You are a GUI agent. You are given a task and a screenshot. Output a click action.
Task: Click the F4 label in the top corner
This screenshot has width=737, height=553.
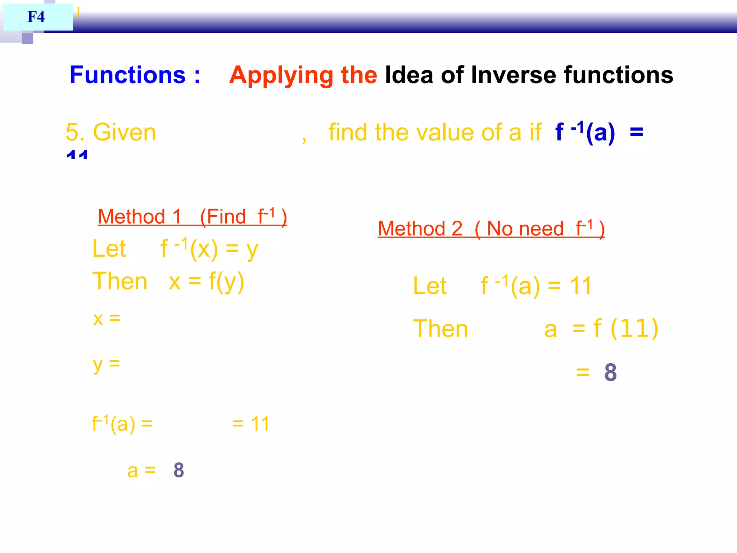(36, 17)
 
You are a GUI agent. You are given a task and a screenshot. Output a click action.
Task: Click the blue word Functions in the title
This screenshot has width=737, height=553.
(127, 75)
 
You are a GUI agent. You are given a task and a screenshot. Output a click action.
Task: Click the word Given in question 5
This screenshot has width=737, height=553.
(124, 132)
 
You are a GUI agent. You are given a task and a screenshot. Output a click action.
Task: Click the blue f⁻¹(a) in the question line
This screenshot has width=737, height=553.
(585, 132)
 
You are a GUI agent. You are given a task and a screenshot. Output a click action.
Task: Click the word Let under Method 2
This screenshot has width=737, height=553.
(430, 286)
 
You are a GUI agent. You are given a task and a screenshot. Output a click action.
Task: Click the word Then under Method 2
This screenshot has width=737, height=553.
(440, 329)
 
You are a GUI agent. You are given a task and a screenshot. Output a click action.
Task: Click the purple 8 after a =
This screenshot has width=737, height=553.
(178, 470)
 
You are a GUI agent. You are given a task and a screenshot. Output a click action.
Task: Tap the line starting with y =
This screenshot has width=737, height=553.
(107, 364)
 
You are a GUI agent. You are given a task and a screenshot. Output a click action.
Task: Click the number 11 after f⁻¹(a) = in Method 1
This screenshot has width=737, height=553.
(260, 424)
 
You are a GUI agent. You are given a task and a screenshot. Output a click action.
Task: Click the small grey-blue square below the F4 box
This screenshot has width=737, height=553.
(27, 38)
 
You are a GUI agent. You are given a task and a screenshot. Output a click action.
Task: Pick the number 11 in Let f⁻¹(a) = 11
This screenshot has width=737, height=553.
(581, 286)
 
